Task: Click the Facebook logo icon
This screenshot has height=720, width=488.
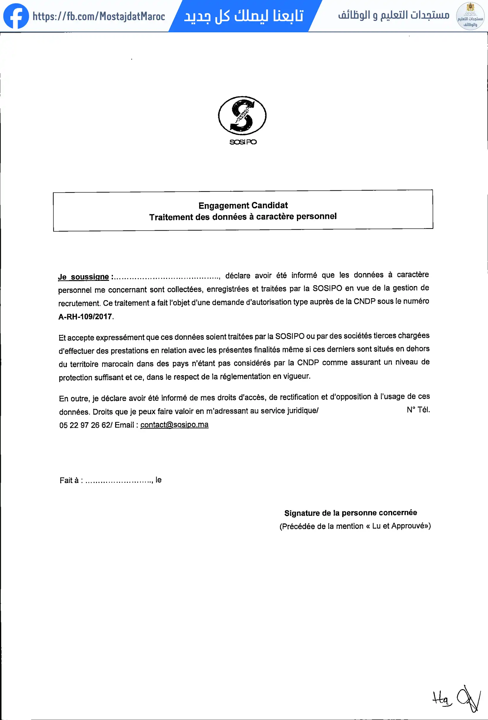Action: point(16,16)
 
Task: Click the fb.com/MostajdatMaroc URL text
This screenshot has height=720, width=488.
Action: point(98,16)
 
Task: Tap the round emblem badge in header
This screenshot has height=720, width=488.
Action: point(470,16)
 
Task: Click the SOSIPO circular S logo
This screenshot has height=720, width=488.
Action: point(242,115)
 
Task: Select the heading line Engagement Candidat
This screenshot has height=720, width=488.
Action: point(243,206)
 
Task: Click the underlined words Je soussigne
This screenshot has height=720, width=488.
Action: point(83,277)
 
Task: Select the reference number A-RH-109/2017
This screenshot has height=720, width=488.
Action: point(85,316)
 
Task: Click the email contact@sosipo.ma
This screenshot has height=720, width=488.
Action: point(174,425)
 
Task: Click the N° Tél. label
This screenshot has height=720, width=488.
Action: point(418,410)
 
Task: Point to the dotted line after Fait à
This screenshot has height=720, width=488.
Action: point(119,481)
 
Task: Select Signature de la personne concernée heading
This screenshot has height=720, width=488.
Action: point(350,513)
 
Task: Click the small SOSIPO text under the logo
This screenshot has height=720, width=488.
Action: point(243,142)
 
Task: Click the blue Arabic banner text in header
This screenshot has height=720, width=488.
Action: point(243,16)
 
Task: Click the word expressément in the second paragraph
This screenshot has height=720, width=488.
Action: point(120,338)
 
